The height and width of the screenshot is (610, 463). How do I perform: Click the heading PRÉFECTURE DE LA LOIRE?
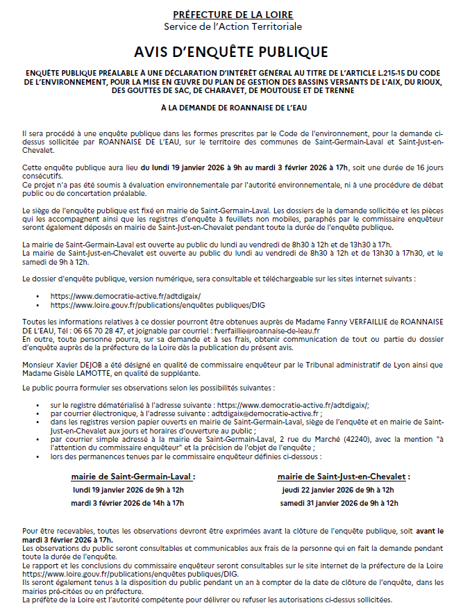(233, 15)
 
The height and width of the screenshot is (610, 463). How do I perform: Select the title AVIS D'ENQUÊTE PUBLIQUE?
(232, 52)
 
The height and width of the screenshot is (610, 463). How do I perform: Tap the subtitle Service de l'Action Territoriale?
(233, 27)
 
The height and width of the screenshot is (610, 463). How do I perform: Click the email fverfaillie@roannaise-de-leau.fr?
(267, 331)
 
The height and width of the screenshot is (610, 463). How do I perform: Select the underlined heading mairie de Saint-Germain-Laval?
(133, 477)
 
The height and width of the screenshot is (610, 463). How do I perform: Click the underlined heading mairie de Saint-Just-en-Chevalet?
(344, 477)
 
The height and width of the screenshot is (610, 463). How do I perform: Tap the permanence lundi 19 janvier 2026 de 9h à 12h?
(129, 490)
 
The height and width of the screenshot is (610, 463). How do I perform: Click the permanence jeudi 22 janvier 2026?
(337, 490)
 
